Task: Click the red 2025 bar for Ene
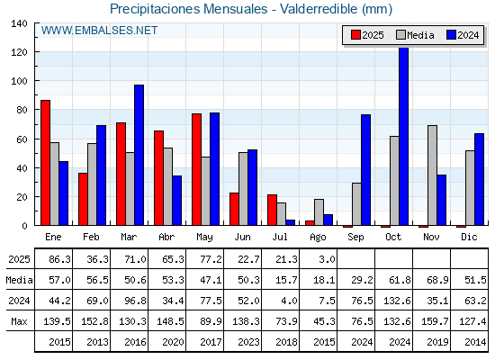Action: (x=45, y=163)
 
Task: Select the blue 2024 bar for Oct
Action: (x=404, y=136)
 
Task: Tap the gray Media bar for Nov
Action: (x=432, y=175)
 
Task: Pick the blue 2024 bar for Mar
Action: (x=139, y=155)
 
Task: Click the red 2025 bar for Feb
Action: (x=83, y=199)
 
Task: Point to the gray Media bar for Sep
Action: (x=356, y=204)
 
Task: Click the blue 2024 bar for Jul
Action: (x=290, y=222)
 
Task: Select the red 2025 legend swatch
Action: (x=355, y=35)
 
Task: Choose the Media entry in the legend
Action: (x=415, y=35)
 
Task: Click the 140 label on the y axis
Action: (x=20, y=23)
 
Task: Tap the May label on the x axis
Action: (x=204, y=238)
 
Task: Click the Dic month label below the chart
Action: (x=469, y=237)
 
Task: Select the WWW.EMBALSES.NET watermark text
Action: (x=99, y=31)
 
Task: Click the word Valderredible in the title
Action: (x=319, y=9)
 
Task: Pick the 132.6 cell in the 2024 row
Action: (x=397, y=301)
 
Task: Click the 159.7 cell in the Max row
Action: (x=435, y=321)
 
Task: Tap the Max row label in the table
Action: (x=19, y=321)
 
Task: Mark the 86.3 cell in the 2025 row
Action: (x=59, y=259)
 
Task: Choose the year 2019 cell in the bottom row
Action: (x=437, y=342)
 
